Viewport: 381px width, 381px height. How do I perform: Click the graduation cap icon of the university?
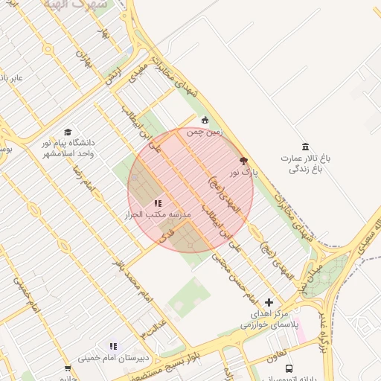click(x=68, y=131)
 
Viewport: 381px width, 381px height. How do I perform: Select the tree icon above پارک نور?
click(x=243, y=160)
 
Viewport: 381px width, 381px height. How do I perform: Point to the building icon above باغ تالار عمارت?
click(x=304, y=146)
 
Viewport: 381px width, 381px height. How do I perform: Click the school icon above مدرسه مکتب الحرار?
click(x=157, y=202)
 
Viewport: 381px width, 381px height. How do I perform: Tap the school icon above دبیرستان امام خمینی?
click(x=114, y=346)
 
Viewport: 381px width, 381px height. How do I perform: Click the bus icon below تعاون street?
click(x=289, y=368)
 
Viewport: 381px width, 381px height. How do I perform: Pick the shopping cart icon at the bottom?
click(x=68, y=368)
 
